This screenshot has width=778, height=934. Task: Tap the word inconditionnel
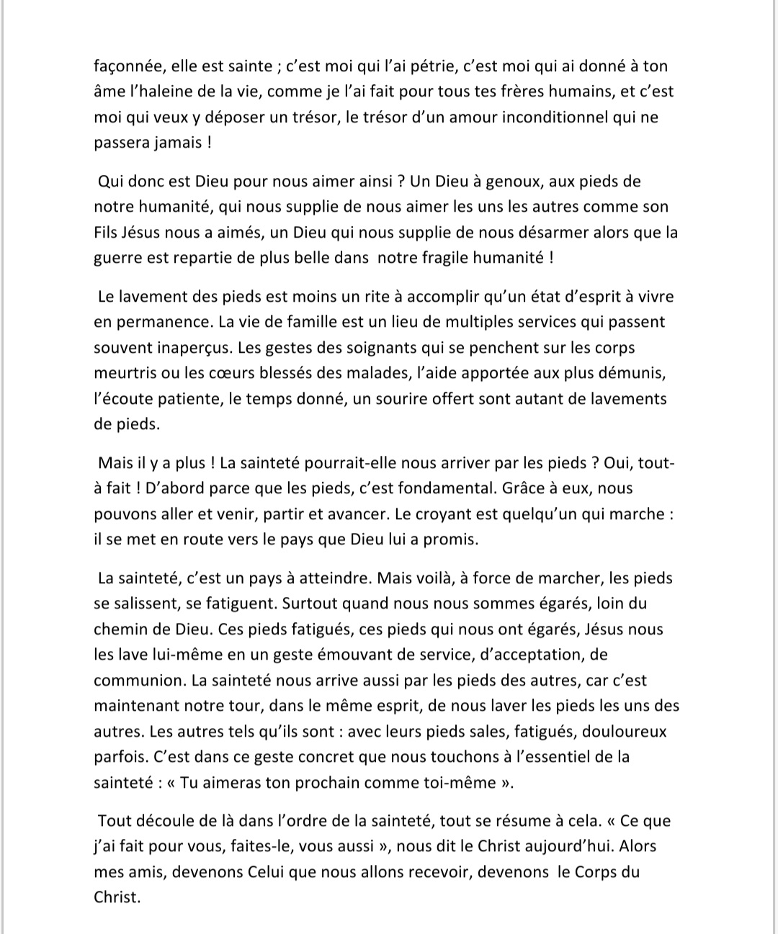[x=538, y=117]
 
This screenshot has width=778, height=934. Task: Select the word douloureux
[x=625, y=732]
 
